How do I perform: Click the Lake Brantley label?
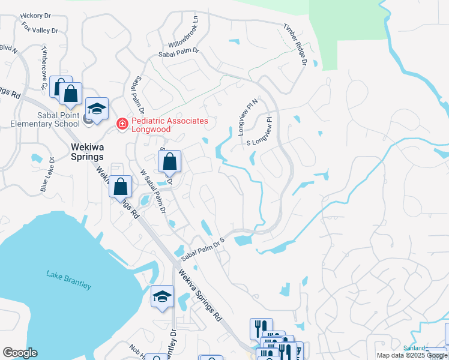(69, 280)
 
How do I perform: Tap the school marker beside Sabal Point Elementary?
(97, 109)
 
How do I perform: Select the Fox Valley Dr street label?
(39, 28)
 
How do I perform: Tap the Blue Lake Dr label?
(48, 175)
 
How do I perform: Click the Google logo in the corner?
(20, 353)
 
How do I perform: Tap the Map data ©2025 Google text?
(411, 355)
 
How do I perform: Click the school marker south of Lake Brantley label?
(161, 297)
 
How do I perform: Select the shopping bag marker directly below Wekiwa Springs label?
(121, 187)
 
